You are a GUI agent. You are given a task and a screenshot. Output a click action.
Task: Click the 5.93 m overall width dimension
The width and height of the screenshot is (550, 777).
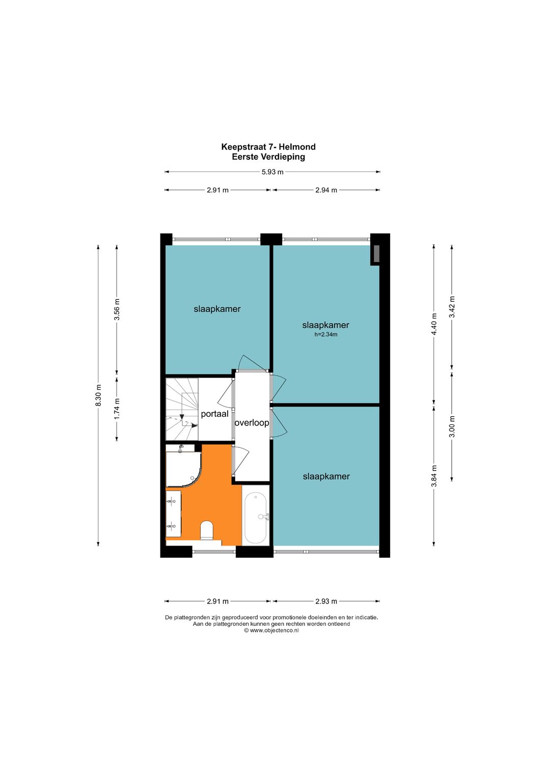(272, 172)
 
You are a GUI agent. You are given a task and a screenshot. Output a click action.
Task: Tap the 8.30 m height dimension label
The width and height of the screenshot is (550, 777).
(99, 395)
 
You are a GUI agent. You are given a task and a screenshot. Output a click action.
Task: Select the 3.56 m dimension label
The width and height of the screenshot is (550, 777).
(117, 310)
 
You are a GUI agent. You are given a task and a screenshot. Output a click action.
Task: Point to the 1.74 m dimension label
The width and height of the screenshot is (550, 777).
(117, 409)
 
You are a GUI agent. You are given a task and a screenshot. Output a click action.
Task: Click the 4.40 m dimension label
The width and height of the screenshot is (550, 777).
(434, 324)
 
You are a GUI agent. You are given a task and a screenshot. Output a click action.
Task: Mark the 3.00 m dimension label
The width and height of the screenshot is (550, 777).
(452, 426)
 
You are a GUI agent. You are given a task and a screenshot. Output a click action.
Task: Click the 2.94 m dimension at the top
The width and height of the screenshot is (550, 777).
(326, 190)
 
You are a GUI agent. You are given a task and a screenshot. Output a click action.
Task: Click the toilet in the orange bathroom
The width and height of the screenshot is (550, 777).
(207, 530)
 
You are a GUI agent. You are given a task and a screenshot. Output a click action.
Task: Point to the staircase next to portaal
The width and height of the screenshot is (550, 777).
(182, 409)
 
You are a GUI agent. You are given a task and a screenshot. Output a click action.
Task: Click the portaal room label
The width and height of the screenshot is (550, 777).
(214, 414)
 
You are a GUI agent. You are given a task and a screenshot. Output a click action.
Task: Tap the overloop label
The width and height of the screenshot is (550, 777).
(252, 423)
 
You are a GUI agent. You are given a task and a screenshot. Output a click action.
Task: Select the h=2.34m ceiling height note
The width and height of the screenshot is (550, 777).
(326, 335)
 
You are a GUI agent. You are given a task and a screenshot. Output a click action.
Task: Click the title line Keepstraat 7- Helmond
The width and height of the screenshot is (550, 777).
(268, 147)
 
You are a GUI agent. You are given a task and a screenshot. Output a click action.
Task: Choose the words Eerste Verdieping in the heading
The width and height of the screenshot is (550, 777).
(268, 157)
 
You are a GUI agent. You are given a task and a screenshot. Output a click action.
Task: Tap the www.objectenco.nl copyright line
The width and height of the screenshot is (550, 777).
(271, 630)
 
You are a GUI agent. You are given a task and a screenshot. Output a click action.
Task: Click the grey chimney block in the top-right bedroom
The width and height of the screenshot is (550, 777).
(375, 254)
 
